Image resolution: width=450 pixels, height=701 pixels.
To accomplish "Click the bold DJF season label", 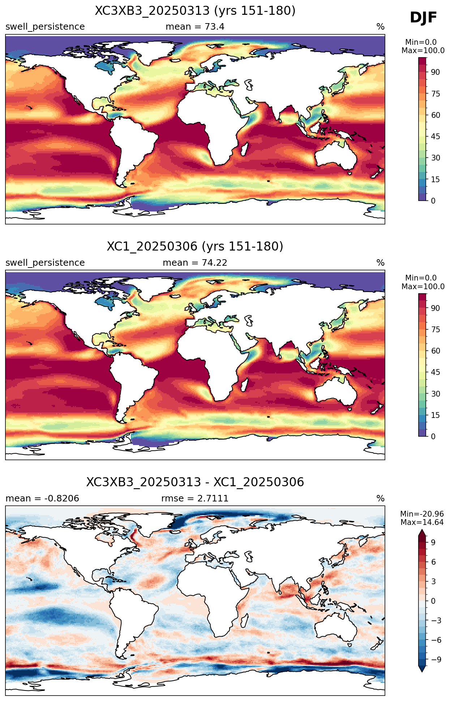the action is click(x=423, y=18).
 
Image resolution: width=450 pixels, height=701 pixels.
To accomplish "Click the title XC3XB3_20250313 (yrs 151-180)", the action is click(x=195, y=11).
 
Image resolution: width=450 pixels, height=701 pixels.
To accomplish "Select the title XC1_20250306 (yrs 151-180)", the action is click(x=195, y=247).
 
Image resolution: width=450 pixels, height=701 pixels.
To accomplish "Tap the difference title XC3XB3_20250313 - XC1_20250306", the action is click(x=195, y=482).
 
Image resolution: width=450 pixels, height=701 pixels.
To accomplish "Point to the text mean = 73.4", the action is click(x=195, y=27).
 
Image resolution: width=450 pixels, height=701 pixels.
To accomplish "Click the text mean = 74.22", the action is click(x=195, y=263).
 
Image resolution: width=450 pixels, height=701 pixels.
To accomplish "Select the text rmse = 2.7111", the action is click(x=195, y=499).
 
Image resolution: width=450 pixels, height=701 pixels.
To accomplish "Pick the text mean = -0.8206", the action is click(x=42, y=499).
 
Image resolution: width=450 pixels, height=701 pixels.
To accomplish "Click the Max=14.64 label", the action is click(x=422, y=522).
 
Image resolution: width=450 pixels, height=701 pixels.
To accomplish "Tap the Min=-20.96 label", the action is click(x=422, y=514).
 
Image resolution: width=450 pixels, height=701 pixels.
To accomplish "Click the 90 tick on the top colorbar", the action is click(x=436, y=72).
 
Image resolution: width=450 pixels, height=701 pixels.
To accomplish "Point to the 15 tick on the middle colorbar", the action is click(x=436, y=415).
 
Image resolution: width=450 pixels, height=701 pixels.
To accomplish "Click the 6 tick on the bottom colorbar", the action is click(x=433, y=562).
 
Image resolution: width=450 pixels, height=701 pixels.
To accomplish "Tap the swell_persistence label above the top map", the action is click(x=45, y=27).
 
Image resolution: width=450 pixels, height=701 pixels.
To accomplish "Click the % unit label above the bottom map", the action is click(x=381, y=499).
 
